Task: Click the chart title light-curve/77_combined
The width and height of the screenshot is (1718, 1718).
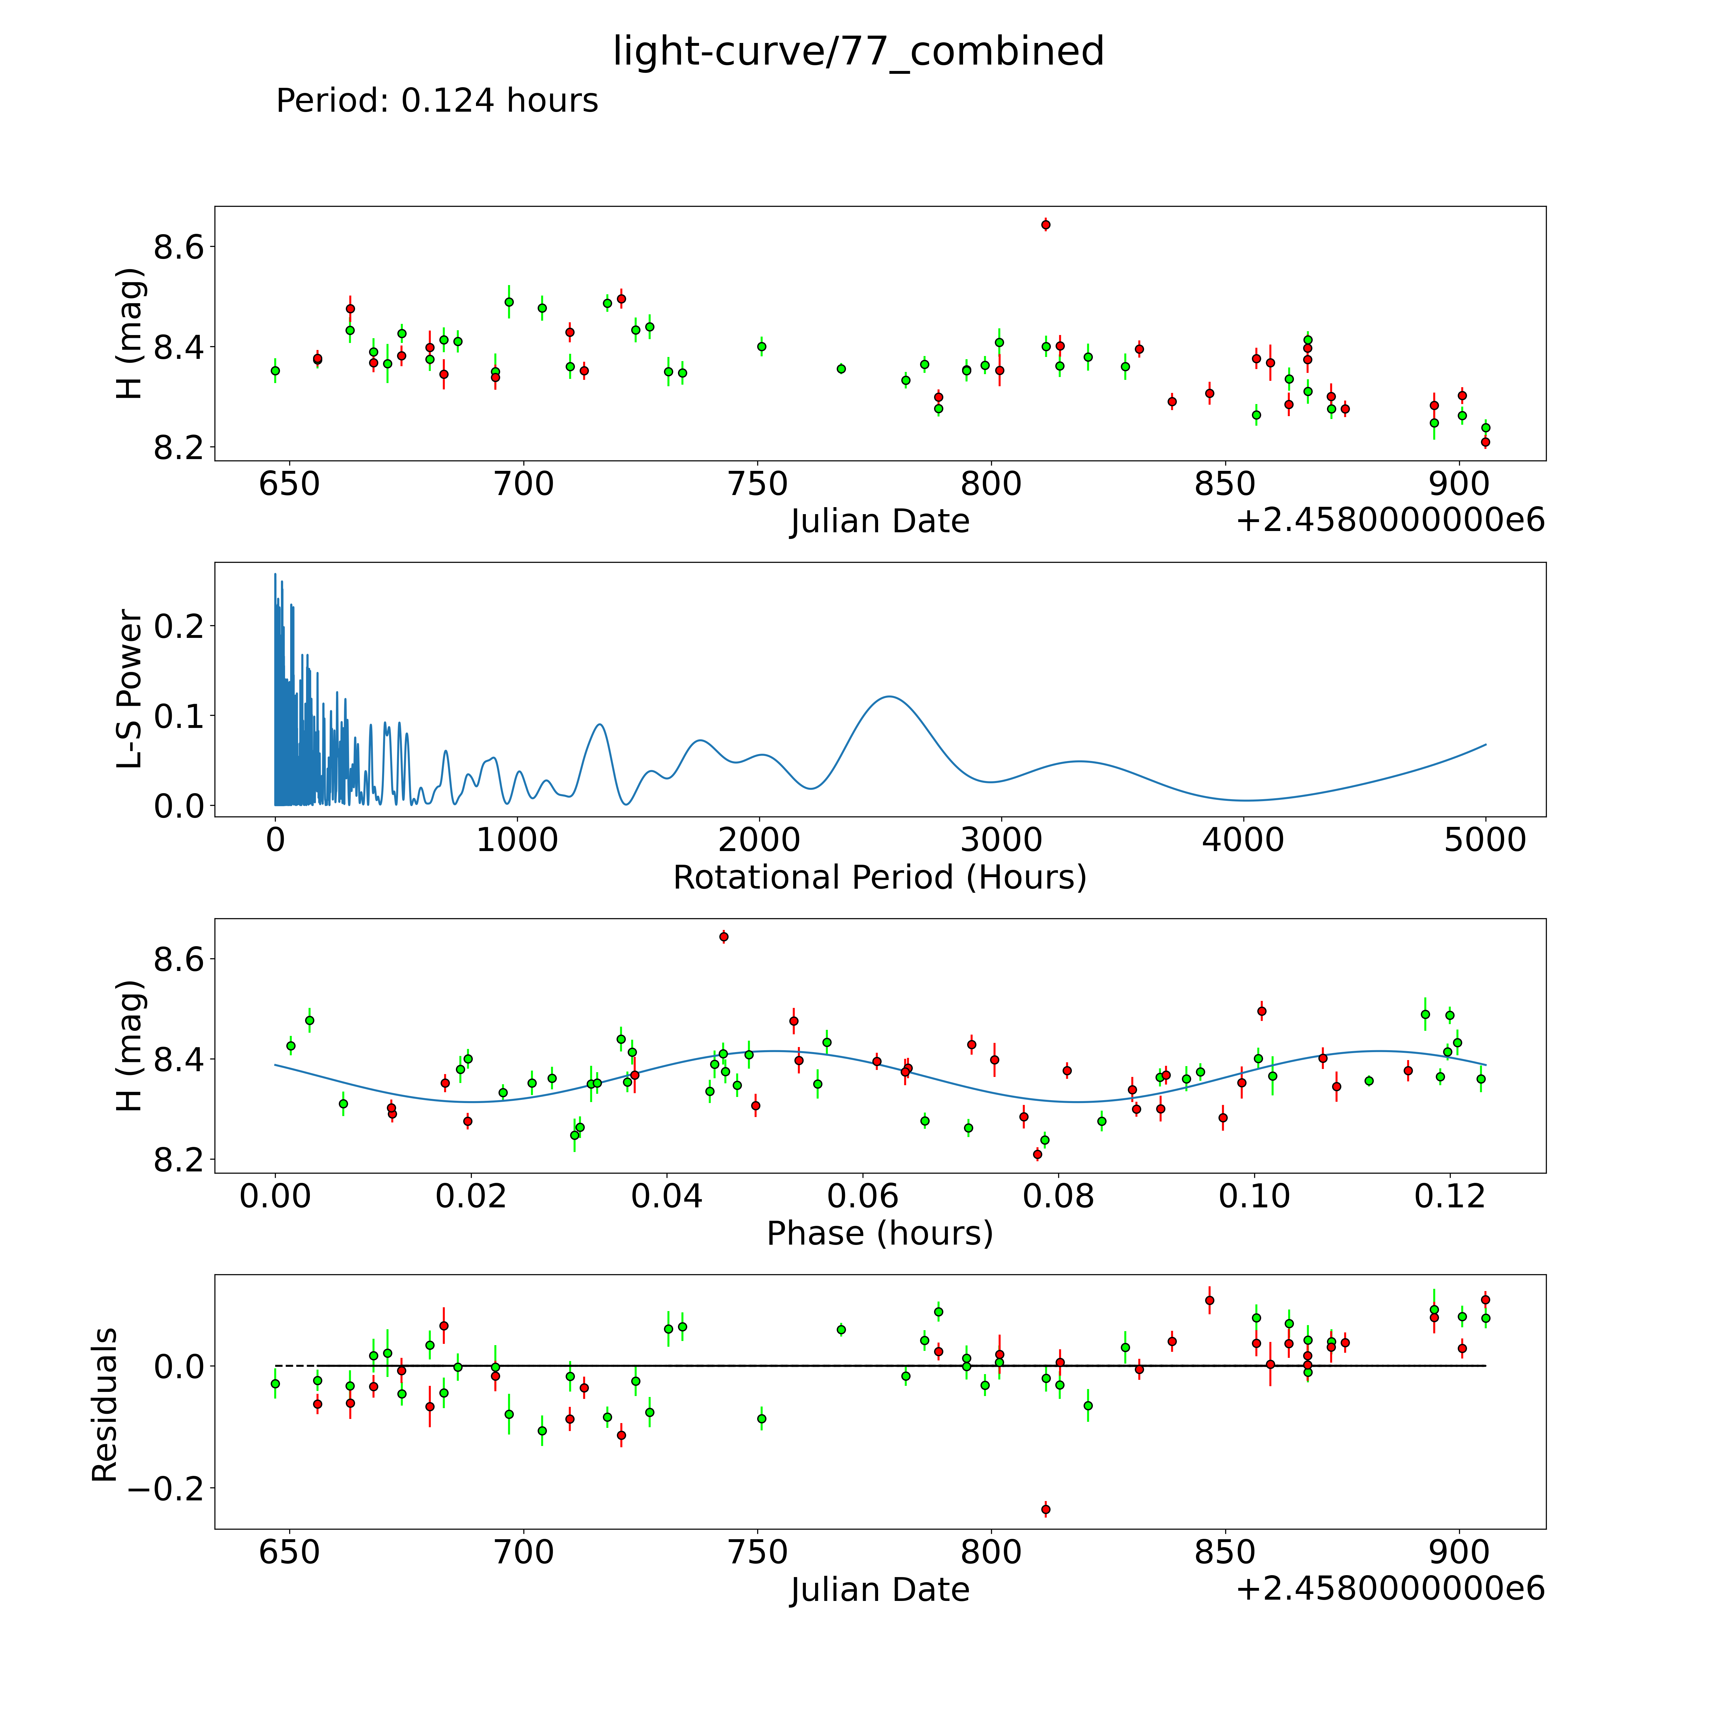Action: (858, 52)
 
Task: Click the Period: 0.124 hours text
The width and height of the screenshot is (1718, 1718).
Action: (436, 101)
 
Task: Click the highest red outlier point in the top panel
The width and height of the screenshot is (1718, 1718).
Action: (1046, 225)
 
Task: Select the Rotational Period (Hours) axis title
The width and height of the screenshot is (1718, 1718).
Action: (879, 878)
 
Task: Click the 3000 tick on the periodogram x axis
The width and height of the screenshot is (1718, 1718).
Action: (1001, 840)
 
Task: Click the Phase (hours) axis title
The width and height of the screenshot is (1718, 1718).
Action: (879, 1233)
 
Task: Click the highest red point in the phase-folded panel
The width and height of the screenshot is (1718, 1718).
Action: (724, 936)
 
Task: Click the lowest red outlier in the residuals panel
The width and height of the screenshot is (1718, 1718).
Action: (1046, 1509)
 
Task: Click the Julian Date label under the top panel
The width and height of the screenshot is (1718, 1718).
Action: (879, 521)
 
